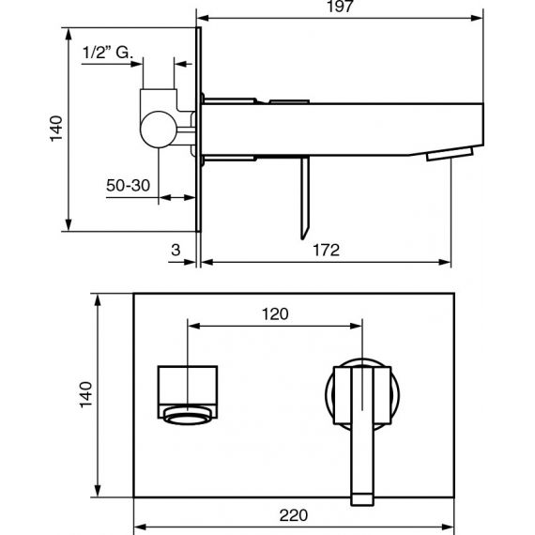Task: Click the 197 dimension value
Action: tap(340, 7)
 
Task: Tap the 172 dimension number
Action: tap(327, 250)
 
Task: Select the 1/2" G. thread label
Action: tap(108, 53)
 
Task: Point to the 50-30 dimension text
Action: tap(128, 186)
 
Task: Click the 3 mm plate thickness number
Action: tap(176, 250)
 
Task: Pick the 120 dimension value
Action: tap(275, 313)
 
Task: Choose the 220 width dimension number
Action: tap(293, 515)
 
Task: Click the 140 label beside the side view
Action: tap(56, 129)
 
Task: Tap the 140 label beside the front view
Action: tap(85, 395)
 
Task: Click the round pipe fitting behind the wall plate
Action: tap(159, 130)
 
